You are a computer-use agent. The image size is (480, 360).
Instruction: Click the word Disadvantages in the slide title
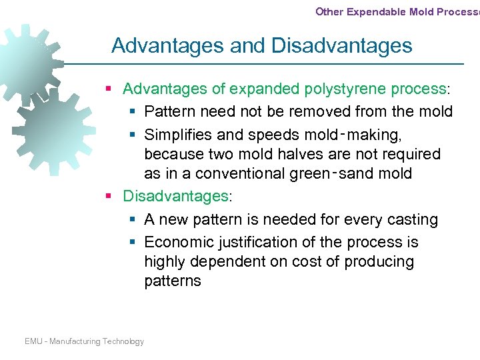(342, 46)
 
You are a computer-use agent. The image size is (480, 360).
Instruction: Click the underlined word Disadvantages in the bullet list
(176, 197)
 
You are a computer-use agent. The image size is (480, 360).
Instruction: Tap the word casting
(413, 219)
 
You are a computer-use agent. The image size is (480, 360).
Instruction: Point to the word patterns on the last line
(173, 281)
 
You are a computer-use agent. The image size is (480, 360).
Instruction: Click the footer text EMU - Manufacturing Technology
(84, 341)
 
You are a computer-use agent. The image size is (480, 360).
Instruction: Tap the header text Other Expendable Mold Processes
(397, 12)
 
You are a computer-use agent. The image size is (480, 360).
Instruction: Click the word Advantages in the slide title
(167, 46)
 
